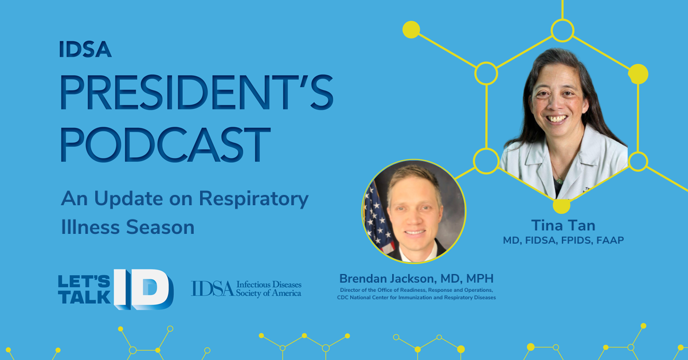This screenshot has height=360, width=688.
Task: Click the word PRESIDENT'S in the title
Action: [x=197, y=92]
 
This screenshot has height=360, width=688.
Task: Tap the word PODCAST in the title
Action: [x=165, y=144]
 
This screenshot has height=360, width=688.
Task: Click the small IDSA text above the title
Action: [x=85, y=49]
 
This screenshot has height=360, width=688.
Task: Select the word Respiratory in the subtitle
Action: [x=253, y=199]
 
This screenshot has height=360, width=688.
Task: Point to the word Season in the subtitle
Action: [x=160, y=228]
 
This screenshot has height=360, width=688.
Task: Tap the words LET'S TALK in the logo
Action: [x=84, y=289]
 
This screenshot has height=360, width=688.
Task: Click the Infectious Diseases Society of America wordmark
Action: [x=246, y=289]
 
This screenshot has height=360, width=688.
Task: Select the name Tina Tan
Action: [x=563, y=225]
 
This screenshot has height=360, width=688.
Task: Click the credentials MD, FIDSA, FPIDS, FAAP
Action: [x=563, y=240]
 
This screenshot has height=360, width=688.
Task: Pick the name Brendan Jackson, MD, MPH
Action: [x=416, y=279]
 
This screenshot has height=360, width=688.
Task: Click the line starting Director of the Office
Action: [x=416, y=290]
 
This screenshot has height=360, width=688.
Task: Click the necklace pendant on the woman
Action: [x=560, y=181]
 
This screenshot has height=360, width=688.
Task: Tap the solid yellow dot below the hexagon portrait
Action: [x=561, y=205]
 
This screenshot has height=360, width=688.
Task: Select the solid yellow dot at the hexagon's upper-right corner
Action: [x=638, y=74]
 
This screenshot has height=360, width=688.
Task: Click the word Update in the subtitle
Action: [x=128, y=199]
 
